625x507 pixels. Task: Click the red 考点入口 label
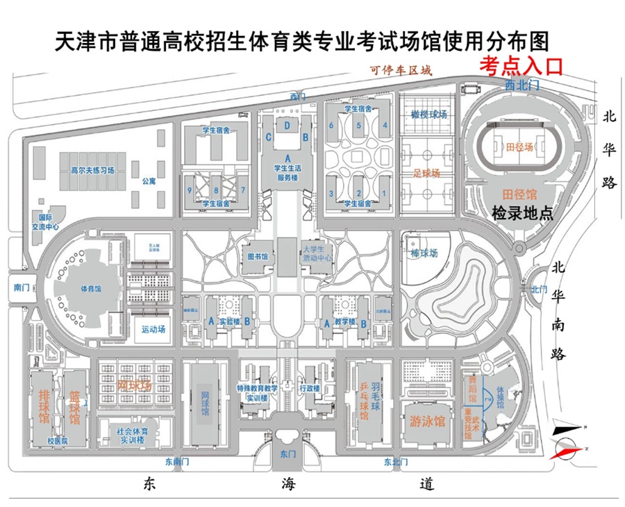(520, 65)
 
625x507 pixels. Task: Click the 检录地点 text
(522, 213)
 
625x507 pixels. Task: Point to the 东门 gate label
(287, 454)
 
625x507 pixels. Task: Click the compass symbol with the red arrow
(566, 440)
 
